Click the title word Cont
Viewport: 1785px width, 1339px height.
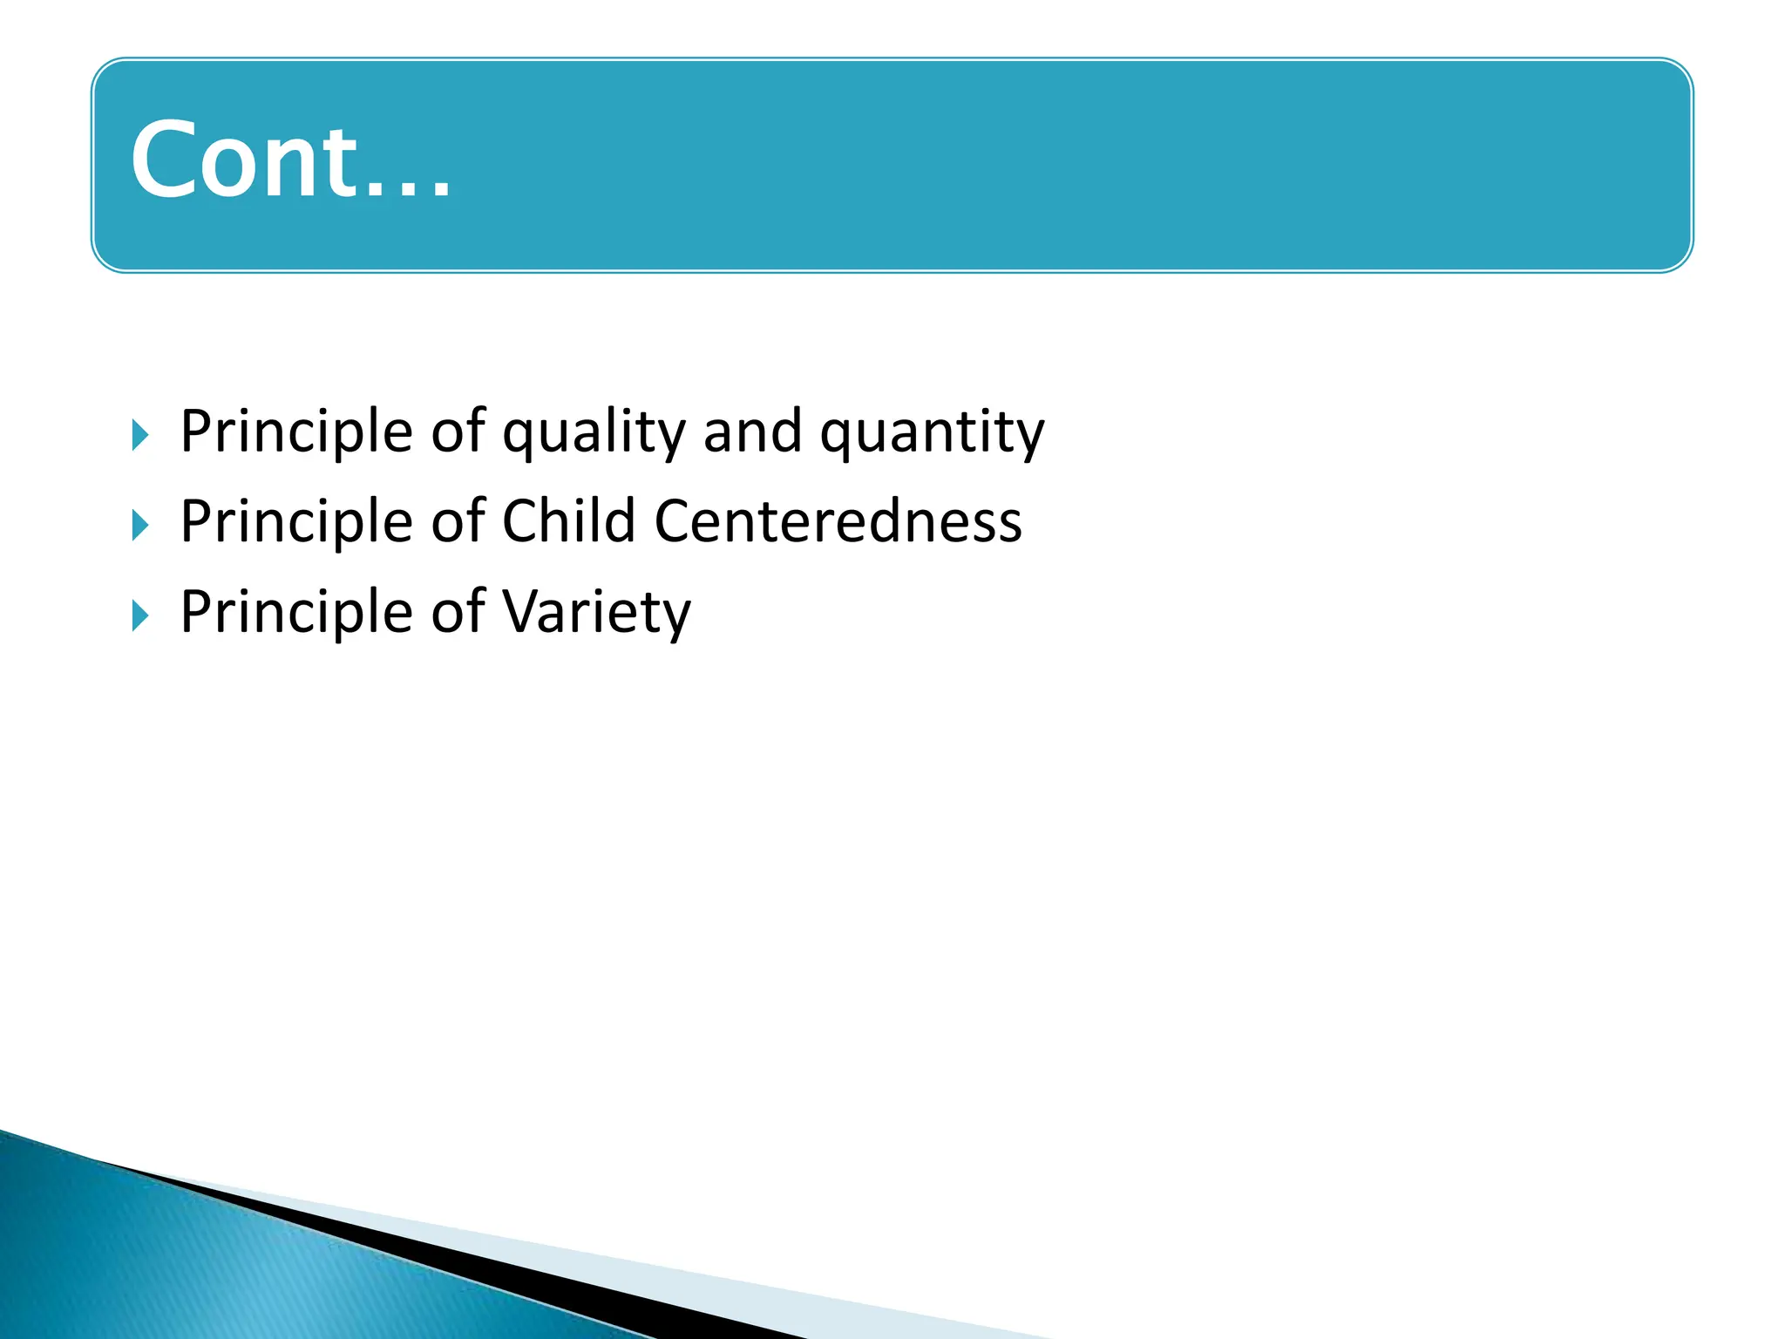click(244, 160)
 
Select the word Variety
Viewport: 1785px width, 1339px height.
click(596, 612)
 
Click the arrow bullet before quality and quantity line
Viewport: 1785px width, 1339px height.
click(140, 435)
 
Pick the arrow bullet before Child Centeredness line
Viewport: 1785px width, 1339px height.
click(140, 525)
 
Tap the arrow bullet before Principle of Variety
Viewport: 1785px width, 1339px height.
click(140, 615)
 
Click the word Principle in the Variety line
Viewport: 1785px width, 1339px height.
click(296, 612)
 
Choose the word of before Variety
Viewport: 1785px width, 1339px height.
click(458, 612)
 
